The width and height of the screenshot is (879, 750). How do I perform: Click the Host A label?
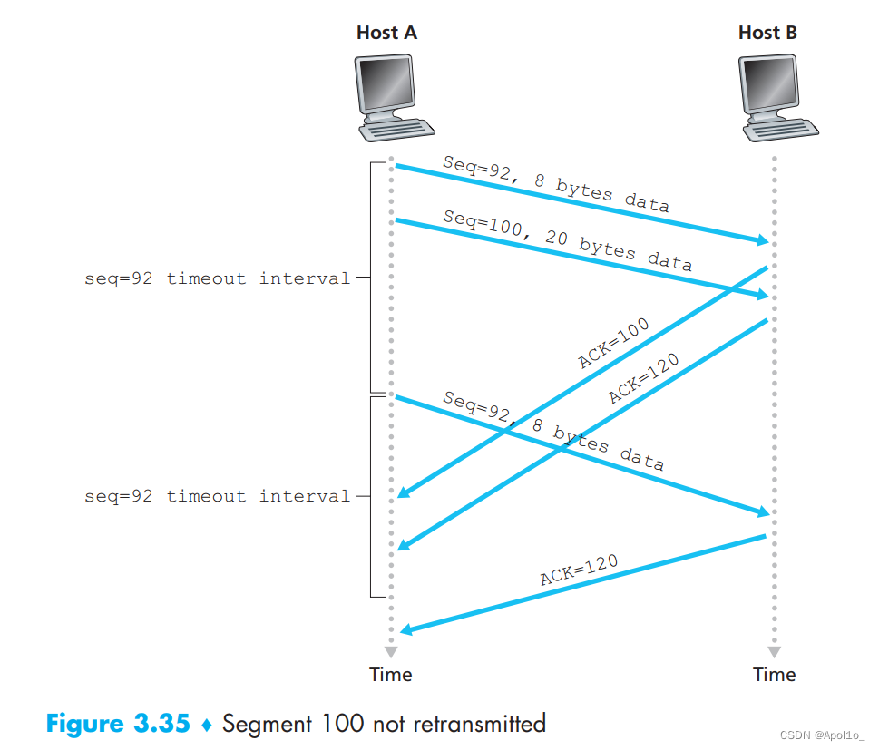(386, 34)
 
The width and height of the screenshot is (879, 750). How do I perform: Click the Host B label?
(767, 34)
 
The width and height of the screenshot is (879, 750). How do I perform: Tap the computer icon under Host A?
(388, 97)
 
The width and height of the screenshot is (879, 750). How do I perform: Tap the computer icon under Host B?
(771, 97)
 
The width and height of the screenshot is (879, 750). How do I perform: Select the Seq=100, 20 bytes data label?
(567, 240)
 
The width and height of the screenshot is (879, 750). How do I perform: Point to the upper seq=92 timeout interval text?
(217, 278)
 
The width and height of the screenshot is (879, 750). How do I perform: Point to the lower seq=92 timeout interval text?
(217, 496)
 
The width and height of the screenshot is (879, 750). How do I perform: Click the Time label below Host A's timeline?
(391, 675)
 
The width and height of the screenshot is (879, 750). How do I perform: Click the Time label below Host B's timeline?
(774, 675)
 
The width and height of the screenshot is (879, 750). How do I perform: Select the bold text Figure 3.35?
(118, 724)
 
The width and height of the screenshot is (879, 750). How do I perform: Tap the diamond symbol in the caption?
(205, 725)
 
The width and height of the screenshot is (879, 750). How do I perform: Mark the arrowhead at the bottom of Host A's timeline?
(391, 652)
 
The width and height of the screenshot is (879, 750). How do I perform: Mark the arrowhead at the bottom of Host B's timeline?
(774, 652)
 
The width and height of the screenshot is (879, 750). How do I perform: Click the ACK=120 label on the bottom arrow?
(579, 570)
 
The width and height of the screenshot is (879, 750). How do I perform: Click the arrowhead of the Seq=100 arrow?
(762, 295)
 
